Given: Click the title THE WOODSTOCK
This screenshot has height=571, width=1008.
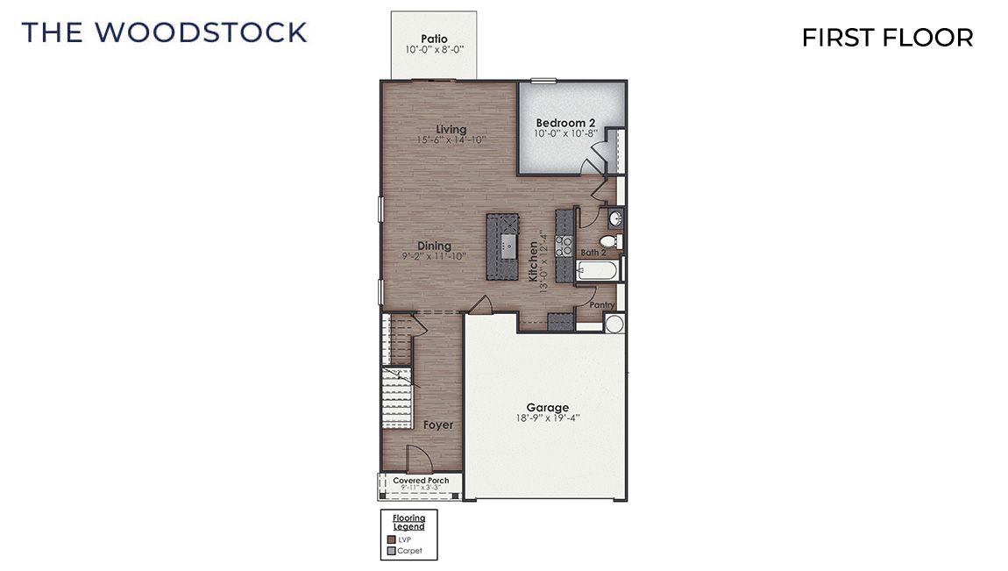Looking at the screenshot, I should click(165, 32).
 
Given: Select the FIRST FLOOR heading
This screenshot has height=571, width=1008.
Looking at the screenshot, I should click(887, 38).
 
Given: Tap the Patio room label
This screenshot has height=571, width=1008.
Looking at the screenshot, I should click(434, 39).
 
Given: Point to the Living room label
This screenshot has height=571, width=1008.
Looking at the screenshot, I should click(451, 130).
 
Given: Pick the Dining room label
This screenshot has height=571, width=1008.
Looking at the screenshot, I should click(434, 246).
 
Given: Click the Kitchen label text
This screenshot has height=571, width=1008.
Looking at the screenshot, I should click(533, 261).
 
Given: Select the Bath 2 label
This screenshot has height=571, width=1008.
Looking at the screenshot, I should click(593, 253).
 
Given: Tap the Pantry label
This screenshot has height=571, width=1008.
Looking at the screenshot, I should click(601, 304).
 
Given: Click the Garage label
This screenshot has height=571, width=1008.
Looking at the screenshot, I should click(547, 407).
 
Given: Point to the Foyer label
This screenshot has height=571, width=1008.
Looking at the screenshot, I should click(438, 425).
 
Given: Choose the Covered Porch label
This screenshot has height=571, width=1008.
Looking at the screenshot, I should click(421, 481).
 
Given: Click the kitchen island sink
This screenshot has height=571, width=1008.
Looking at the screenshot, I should click(508, 243).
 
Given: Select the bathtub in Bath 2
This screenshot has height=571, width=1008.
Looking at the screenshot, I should click(599, 270).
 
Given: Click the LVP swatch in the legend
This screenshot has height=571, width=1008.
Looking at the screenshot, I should click(390, 539).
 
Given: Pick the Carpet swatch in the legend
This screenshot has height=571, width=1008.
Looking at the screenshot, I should click(390, 551).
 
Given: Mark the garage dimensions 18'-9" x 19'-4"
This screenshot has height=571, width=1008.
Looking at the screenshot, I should click(548, 418).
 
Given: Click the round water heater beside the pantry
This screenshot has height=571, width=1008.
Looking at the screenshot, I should click(614, 325).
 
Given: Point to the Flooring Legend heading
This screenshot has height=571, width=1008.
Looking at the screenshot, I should click(408, 523).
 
